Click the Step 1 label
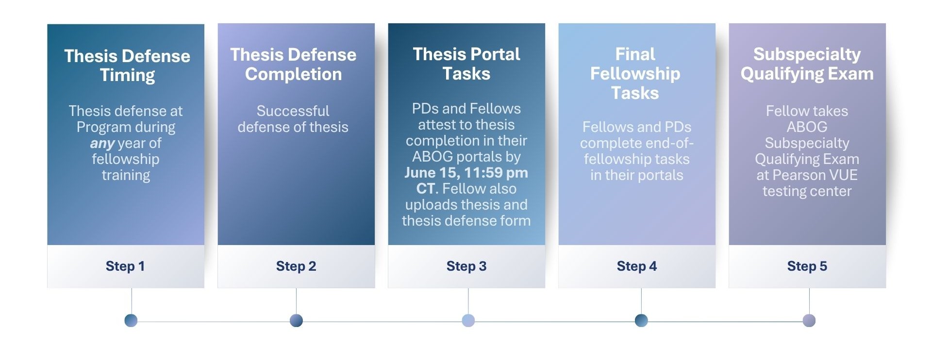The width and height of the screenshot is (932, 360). point(125,266)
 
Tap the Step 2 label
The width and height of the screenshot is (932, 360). point(296,266)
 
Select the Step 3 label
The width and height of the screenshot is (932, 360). point(466,266)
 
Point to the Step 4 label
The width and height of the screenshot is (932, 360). point(637,266)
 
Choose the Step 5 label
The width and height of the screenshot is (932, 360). point(807,266)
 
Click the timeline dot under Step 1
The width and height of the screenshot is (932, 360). point(131,320)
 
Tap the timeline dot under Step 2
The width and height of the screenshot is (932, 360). point(296,320)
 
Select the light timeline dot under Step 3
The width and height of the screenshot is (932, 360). point(468,320)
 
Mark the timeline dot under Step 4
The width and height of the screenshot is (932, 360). point(641,320)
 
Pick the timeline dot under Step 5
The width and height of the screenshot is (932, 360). point(809,320)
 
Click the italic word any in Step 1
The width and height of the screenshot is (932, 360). point(102,144)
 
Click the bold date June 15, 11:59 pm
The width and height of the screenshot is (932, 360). point(466,173)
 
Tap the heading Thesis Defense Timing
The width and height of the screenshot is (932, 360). point(127,65)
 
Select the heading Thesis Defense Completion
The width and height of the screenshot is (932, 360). point(293,64)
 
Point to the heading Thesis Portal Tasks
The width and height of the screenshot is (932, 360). point(466,64)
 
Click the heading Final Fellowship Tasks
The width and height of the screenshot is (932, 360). point(635,73)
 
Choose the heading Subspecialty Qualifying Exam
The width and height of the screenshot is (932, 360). point(807,64)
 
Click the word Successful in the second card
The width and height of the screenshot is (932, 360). point(293,111)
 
